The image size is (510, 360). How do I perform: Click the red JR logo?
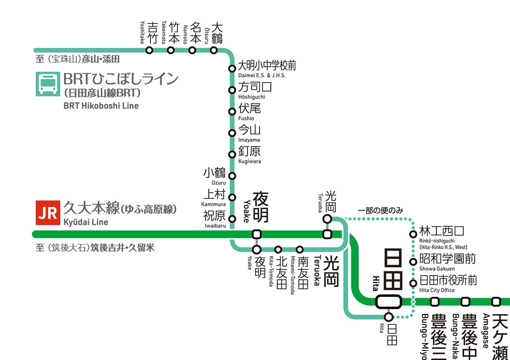pyautogui.click(x=47, y=213)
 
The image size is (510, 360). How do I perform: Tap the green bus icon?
pyautogui.click(x=47, y=84)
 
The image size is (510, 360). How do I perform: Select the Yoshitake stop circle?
pyautogui.click(x=149, y=50)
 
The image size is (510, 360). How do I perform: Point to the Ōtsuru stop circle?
pyautogui.click(x=214, y=50)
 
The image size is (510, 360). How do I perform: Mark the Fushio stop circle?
pyautogui.click(x=232, y=111)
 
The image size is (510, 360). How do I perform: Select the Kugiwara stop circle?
pyautogui.click(x=232, y=154)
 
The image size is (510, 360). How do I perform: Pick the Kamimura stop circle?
pyautogui.click(x=232, y=197)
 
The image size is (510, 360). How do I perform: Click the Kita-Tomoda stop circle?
pyautogui.click(x=278, y=249)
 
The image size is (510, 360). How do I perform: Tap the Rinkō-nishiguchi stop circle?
pyautogui.click(x=413, y=234)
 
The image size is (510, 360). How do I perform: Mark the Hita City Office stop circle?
pyautogui.click(x=413, y=283)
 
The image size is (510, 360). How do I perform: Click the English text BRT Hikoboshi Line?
pyautogui.click(x=101, y=106)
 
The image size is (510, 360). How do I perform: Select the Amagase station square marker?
pyautogui.click(x=496, y=301)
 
